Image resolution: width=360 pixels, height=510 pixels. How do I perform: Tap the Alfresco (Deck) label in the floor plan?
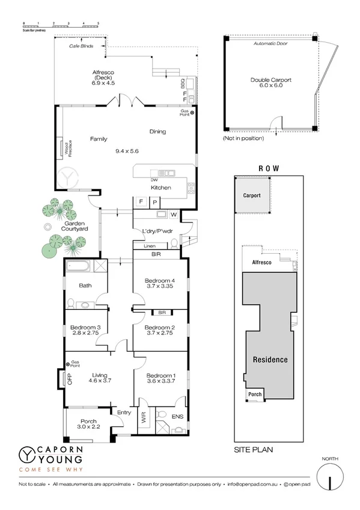(x=103, y=73)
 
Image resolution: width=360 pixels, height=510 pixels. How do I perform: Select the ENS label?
(x=177, y=416)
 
